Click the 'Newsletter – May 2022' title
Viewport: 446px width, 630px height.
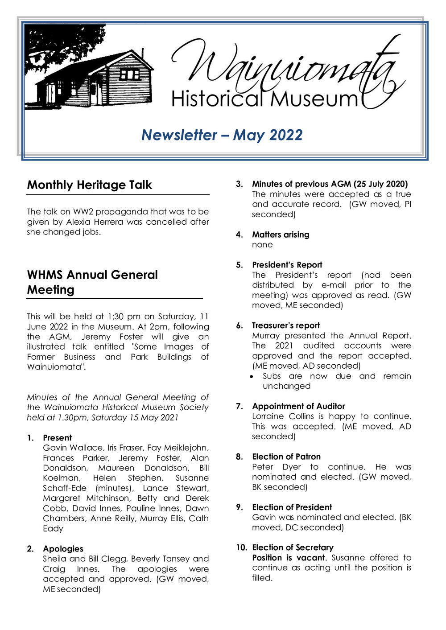click(222, 135)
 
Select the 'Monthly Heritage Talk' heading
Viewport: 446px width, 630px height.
click(89, 185)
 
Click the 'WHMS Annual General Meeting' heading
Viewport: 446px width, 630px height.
click(92, 282)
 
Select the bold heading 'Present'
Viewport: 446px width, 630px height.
click(57, 438)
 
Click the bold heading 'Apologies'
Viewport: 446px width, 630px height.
click(63, 549)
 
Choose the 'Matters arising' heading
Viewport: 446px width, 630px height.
click(281, 235)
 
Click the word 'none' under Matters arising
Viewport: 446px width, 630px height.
click(262, 245)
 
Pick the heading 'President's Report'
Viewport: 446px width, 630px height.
click(287, 265)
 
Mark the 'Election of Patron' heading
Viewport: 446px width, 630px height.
click(286, 457)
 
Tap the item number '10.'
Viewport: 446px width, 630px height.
click(241, 548)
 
